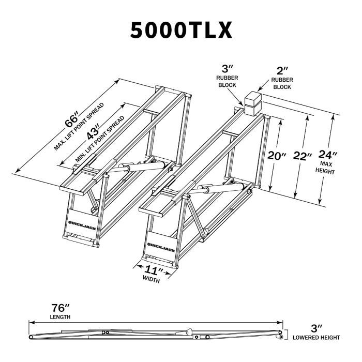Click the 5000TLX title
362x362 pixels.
click(x=180, y=31)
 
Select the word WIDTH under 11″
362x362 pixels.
click(x=150, y=280)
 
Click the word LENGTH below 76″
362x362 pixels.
click(x=61, y=316)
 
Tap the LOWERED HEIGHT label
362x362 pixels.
click(x=316, y=337)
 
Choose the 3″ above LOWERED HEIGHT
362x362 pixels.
click(x=316, y=327)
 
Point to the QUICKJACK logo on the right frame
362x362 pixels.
click(x=161, y=249)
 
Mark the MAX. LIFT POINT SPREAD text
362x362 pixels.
click(x=79, y=127)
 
